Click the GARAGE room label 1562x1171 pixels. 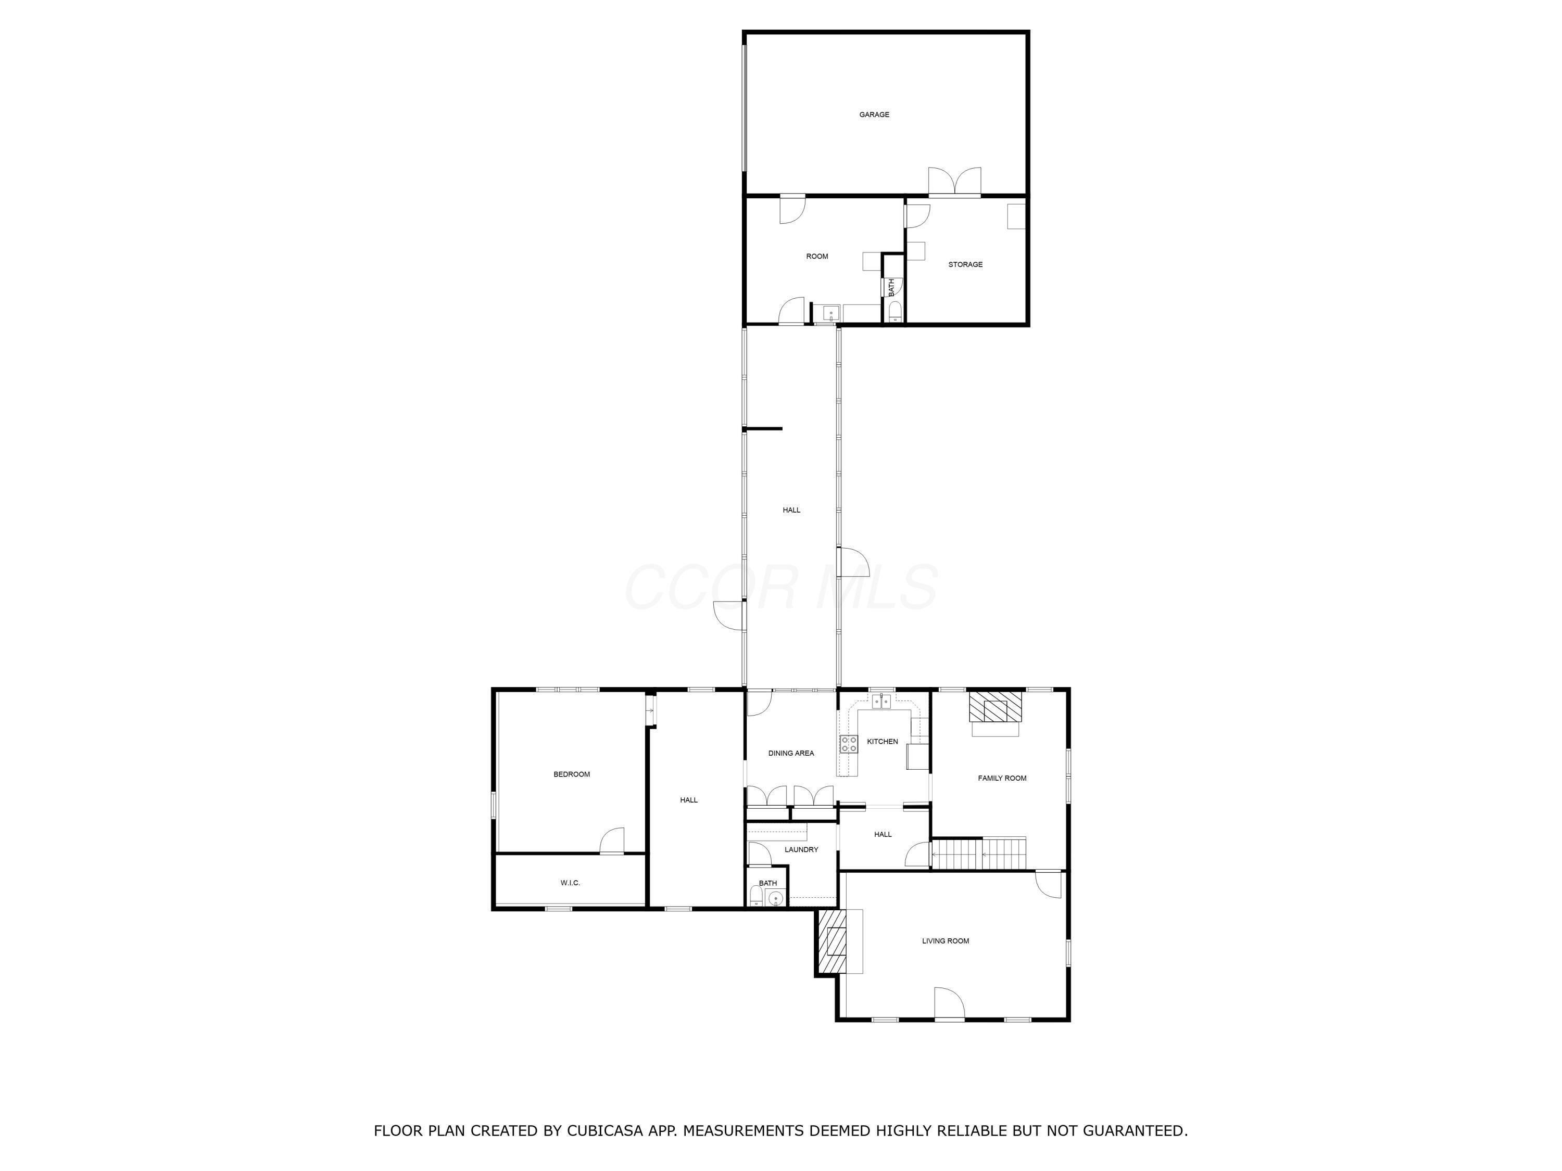pyautogui.click(x=874, y=114)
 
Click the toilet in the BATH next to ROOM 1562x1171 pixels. pyautogui.click(x=894, y=311)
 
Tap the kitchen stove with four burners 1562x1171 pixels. pyautogui.click(x=848, y=743)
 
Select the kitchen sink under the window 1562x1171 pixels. pyautogui.click(x=880, y=701)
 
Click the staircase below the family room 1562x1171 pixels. pyautogui.click(x=979, y=854)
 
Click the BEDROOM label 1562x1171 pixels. pyautogui.click(x=571, y=774)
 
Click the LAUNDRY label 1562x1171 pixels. pyautogui.click(x=801, y=850)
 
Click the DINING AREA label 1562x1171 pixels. pyautogui.click(x=791, y=753)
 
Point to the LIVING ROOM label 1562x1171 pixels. pyautogui.click(x=945, y=941)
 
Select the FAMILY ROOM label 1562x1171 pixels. pyautogui.click(x=1001, y=779)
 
